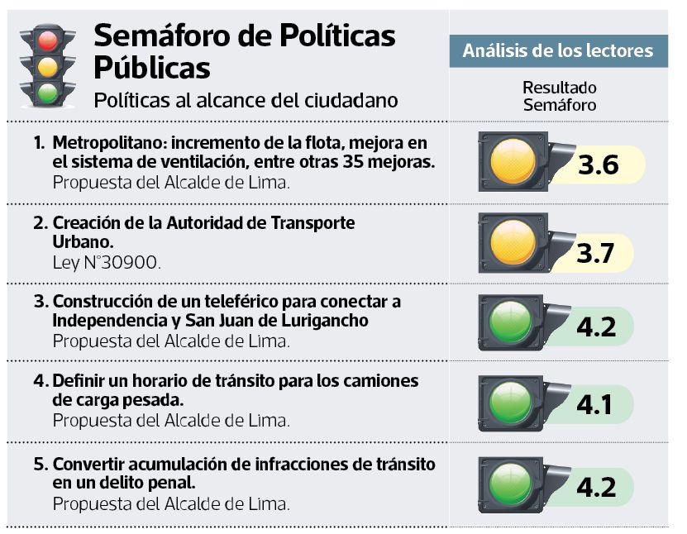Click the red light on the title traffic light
tap(48, 38)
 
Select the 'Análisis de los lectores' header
tap(558, 51)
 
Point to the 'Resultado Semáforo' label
tap(560, 96)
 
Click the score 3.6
tap(598, 165)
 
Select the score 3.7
tap(596, 254)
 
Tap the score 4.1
tap(595, 405)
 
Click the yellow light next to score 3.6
tap(513, 161)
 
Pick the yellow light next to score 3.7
tap(513, 243)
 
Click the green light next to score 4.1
tap(511, 403)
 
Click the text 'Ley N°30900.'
tap(107, 263)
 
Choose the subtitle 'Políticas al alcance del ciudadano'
tap(246, 100)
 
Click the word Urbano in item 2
tap(82, 243)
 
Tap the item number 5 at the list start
tap(39, 464)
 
